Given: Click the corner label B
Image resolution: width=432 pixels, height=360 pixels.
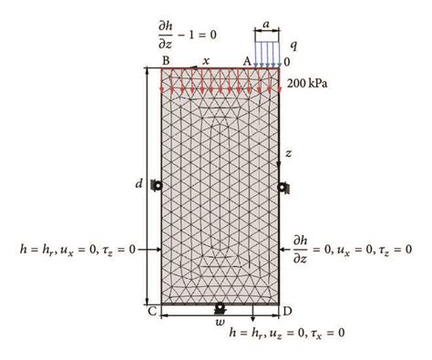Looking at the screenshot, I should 166,60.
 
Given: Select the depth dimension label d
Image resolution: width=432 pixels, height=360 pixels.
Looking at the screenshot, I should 139,184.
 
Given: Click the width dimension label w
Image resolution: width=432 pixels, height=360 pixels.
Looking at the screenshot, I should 219,321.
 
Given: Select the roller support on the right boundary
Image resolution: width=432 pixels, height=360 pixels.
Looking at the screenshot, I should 283,188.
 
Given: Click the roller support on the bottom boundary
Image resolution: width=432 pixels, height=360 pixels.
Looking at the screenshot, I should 219,309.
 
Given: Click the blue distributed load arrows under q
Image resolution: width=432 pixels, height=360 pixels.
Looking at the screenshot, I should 266,53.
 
